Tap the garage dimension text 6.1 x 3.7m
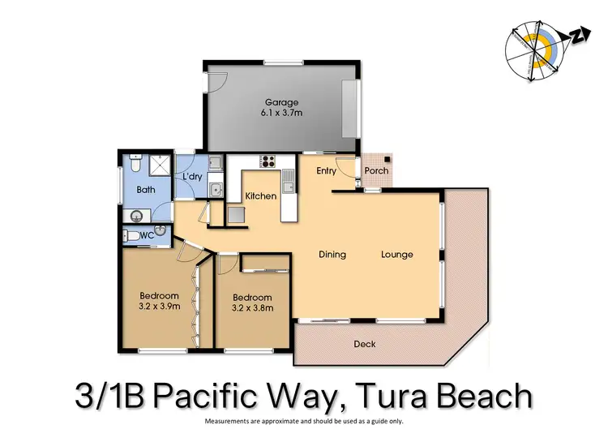click(281, 114)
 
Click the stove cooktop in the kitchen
click(268, 161)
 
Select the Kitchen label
click(261, 196)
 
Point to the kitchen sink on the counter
click(289, 178)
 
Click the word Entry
click(326, 170)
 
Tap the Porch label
click(376, 170)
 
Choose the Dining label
click(332, 255)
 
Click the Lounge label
click(397, 255)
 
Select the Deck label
click(365, 344)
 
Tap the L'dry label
click(192, 176)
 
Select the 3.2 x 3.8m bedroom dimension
click(252, 308)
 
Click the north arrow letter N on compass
click(579, 35)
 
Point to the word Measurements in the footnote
click(229, 422)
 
